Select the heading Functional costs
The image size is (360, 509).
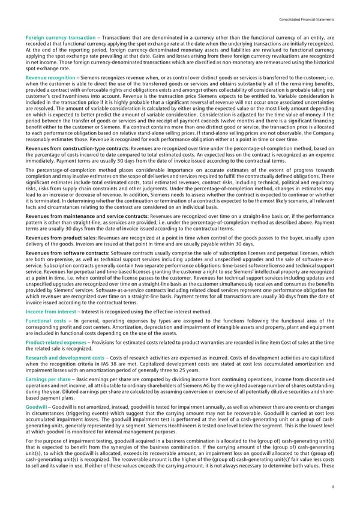(46, 322)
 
